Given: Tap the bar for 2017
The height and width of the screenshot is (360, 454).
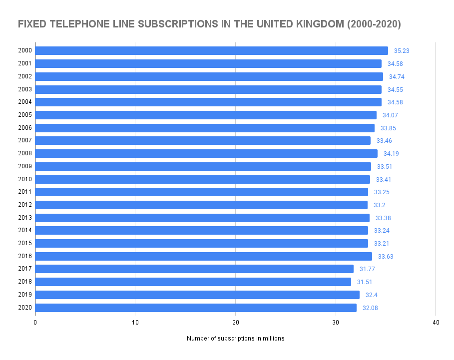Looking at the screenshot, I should point(194,269).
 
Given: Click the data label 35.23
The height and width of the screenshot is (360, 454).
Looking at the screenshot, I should point(402,50).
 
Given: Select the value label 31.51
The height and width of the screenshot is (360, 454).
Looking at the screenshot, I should point(365,282).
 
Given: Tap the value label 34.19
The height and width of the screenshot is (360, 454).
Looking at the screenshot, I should point(391,153).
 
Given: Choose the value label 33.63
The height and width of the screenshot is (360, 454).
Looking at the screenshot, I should point(386,256).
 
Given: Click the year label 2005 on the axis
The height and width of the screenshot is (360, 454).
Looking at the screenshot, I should point(25,115).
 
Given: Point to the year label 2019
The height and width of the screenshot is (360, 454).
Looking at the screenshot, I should point(25,295).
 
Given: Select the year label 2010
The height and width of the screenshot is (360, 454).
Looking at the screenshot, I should point(25,179).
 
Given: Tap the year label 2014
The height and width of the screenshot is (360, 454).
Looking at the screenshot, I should point(25,231).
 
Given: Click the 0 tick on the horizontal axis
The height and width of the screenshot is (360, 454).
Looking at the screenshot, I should point(35,323).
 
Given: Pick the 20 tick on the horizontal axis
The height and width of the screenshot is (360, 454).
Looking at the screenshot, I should point(236,323).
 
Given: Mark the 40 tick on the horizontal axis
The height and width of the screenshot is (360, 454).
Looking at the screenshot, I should point(436,323).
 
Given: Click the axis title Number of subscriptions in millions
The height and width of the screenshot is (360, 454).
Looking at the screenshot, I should point(236,339).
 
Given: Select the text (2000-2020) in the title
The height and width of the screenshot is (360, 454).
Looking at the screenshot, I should point(372,24).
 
